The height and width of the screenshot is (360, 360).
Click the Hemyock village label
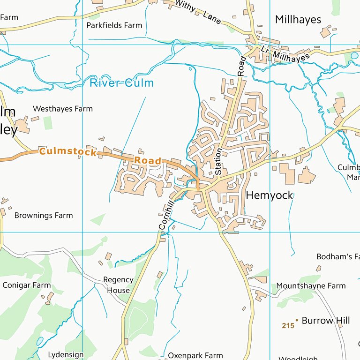(270, 195)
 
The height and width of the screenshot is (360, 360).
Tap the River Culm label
(121, 83)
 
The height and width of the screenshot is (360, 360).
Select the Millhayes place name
(298, 20)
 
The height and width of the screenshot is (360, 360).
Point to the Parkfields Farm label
(114, 25)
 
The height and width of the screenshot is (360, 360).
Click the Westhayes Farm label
(63, 109)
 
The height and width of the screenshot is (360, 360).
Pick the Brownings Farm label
(44, 216)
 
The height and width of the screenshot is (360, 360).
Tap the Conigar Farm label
(27, 285)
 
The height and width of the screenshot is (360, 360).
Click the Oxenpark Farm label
(195, 356)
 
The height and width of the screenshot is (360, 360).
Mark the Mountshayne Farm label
(311, 286)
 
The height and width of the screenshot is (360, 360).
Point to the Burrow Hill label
(326, 321)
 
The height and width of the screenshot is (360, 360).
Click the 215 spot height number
(288, 325)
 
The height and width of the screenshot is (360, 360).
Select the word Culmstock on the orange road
(68, 152)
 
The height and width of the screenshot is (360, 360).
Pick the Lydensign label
(66, 355)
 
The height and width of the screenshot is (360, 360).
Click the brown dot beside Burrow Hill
(297, 320)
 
